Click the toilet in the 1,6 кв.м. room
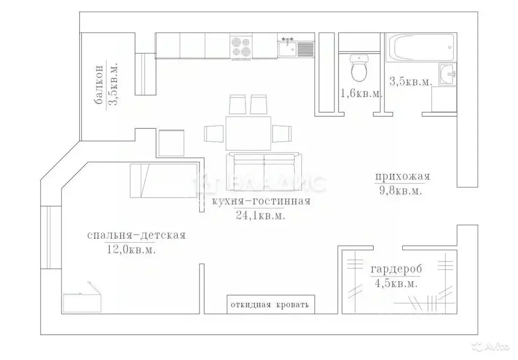359,70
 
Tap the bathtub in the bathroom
420,48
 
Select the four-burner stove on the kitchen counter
241,46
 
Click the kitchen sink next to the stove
287,49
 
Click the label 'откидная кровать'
269,305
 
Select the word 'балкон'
99,85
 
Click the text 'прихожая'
402,176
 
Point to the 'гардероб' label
396,269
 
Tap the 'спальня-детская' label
136,235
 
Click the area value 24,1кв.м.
261,216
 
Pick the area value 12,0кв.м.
131,249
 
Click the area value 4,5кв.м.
396,284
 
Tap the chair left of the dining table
213,133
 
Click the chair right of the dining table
282,133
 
